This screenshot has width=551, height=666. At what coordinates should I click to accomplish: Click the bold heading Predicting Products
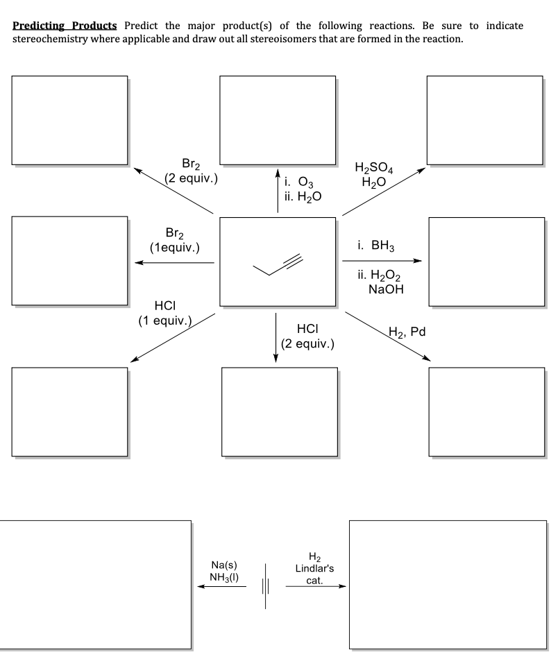click(67, 26)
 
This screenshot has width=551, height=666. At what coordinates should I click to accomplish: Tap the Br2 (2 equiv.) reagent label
click(192, 171)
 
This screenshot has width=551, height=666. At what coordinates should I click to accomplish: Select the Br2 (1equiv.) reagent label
click(175, 239)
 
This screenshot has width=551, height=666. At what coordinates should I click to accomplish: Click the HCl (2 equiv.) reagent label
click(308, 336)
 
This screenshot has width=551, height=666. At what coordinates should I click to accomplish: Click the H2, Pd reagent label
click(407, 332)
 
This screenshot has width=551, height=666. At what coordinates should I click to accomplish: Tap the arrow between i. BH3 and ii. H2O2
click(382, 262)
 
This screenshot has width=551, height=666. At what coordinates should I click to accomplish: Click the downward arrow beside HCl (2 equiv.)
click(276, 337)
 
